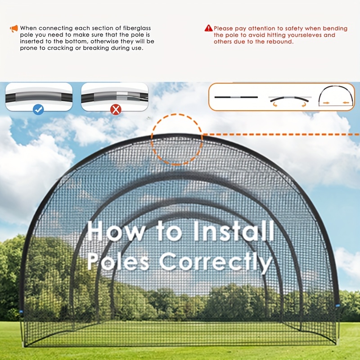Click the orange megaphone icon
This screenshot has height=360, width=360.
pos(14,28)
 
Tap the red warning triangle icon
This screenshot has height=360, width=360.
pos(208,28)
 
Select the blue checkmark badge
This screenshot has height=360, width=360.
pos(38,109)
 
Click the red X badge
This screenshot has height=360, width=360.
pos(116,109)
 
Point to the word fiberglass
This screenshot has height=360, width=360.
pos(137,28)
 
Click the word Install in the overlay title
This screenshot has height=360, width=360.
pos(234,231)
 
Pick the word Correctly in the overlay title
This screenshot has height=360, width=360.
pos(216,262)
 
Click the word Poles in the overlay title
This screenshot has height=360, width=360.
pos(118,261)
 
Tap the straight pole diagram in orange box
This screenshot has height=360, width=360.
pos(236,97)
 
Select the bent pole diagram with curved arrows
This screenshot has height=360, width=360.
pos(290,101)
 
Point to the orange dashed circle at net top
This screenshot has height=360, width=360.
pos(177,114)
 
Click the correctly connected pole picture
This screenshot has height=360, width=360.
pos(39,97)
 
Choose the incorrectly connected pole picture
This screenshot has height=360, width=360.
pos(115,97)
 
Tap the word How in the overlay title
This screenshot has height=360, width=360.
pos(116,231)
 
